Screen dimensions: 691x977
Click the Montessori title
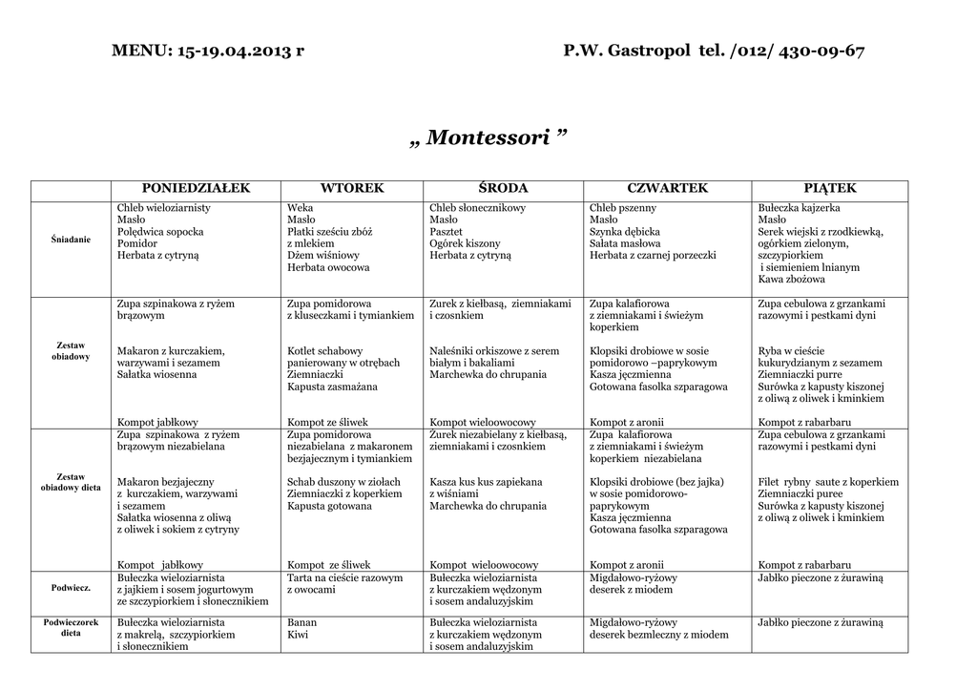point(488,138)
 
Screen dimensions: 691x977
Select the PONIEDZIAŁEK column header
point(196,189)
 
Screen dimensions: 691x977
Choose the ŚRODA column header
point(503,189)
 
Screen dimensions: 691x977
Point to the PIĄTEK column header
point(830,189)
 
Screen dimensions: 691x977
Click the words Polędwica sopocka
point(160,232)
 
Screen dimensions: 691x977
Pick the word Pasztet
point(446,232)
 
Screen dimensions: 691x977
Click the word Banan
point(301,622)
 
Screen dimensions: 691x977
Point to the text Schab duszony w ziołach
point(343,482)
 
